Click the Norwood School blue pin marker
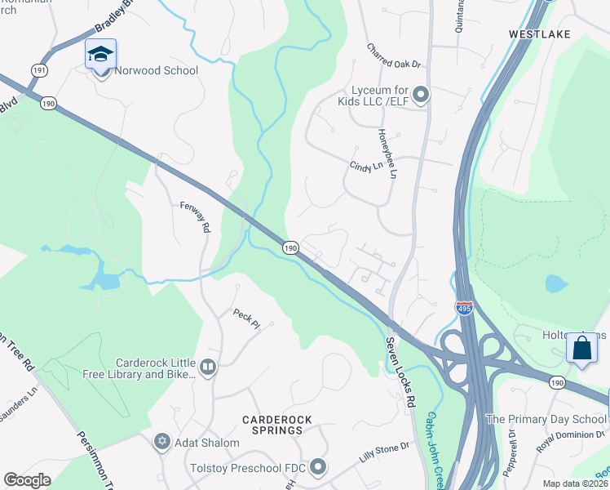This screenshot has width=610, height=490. (x=100, y=56)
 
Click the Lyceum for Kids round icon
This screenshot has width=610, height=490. (x=421, y=96)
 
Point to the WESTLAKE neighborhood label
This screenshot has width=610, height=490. (x=539, y=34)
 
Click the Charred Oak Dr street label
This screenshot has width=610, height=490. (x=392, y=56)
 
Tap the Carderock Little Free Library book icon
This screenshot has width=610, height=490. (x=208, y=368)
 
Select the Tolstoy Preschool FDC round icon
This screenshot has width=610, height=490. (x=318, y=467)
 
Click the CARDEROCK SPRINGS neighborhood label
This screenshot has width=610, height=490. (x=276, y=425)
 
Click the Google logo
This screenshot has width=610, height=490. (x=28, y=480)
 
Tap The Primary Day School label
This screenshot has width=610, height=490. (x=546, y=419)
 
